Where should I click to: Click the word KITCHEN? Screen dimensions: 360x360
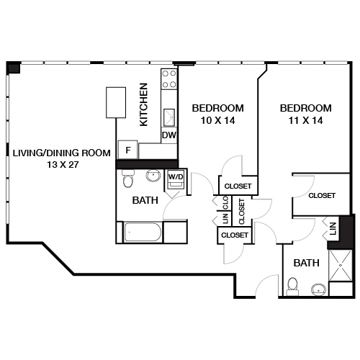[x=143, y=104]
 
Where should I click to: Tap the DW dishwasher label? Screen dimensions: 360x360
[x=168, y=135]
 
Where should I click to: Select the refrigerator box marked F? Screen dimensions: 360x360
[x=128, y=150]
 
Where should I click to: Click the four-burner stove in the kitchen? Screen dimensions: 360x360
[x=169, y=81]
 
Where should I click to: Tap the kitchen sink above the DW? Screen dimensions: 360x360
[x=170, y=117]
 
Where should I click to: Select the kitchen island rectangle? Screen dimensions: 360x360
[x=114, y=102]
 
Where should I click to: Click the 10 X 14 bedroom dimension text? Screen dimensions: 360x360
[x=217, y=121]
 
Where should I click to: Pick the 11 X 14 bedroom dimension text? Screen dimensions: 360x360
[x=306, y=121]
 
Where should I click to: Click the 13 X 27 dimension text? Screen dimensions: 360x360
[x=61, y=165]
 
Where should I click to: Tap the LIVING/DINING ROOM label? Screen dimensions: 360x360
[x=61, y=152]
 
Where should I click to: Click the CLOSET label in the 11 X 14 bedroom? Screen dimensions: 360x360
[x=321, y=195]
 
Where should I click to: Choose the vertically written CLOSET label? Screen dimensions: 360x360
[x=241, y=210]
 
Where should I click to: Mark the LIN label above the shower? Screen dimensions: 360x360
[x=332, y=230]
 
